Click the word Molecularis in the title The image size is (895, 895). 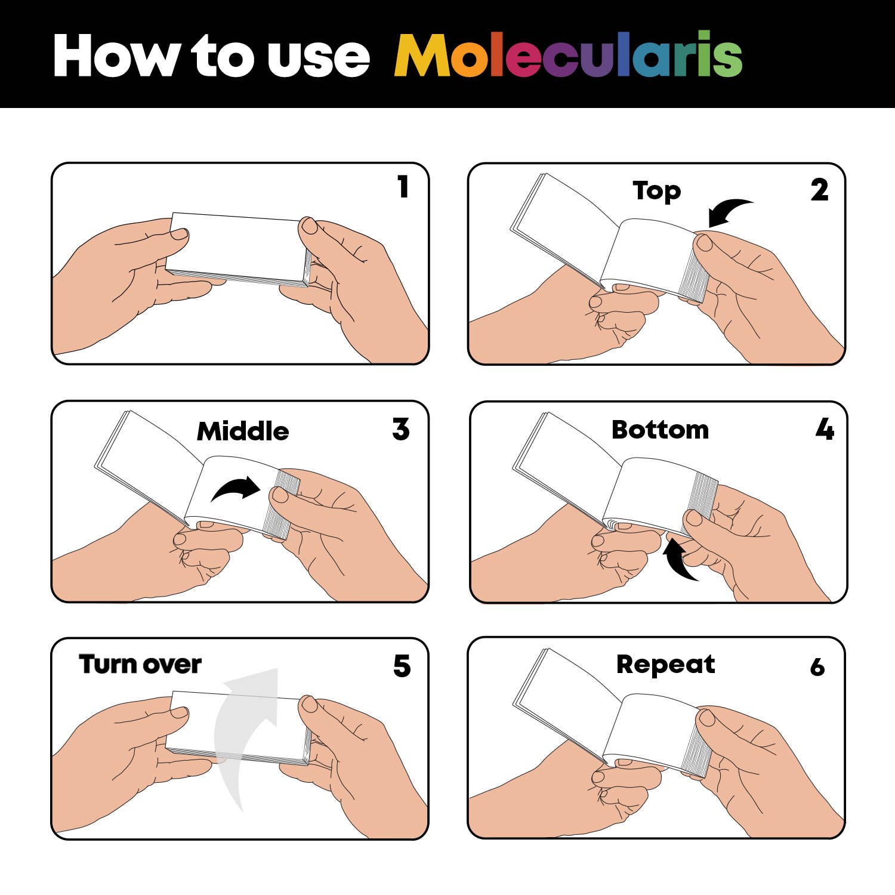point(568,55)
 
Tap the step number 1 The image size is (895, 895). point(403,187)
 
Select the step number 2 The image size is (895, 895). point(819,190)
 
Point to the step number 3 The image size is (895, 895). point(401,429)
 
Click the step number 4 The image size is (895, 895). point(825,429)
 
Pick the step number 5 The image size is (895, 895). point(402,666)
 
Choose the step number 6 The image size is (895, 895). point(817,667)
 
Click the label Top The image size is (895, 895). point(656,191)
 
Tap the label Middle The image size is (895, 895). point(243,431)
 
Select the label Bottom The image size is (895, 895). point(660,430)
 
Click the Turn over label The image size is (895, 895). point(140,664)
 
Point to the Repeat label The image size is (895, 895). point(665,665)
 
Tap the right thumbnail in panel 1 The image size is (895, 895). point(310,226)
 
